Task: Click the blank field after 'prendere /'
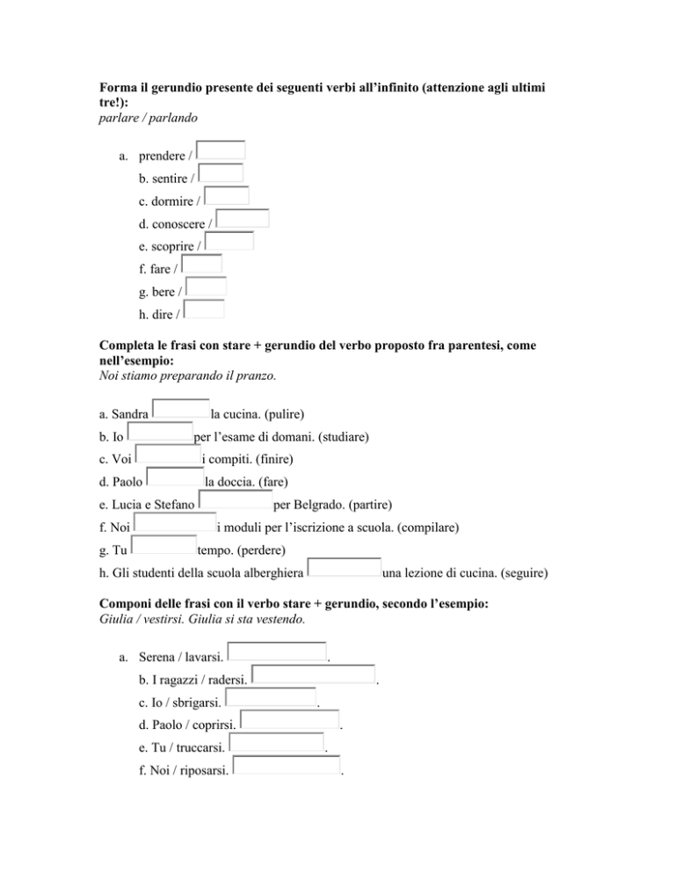(221, 150)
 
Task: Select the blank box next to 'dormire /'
(228, 196)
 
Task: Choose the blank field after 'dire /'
(206, 309)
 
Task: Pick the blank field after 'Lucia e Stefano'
(236, 500)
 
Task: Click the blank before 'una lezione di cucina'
(346, 569)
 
